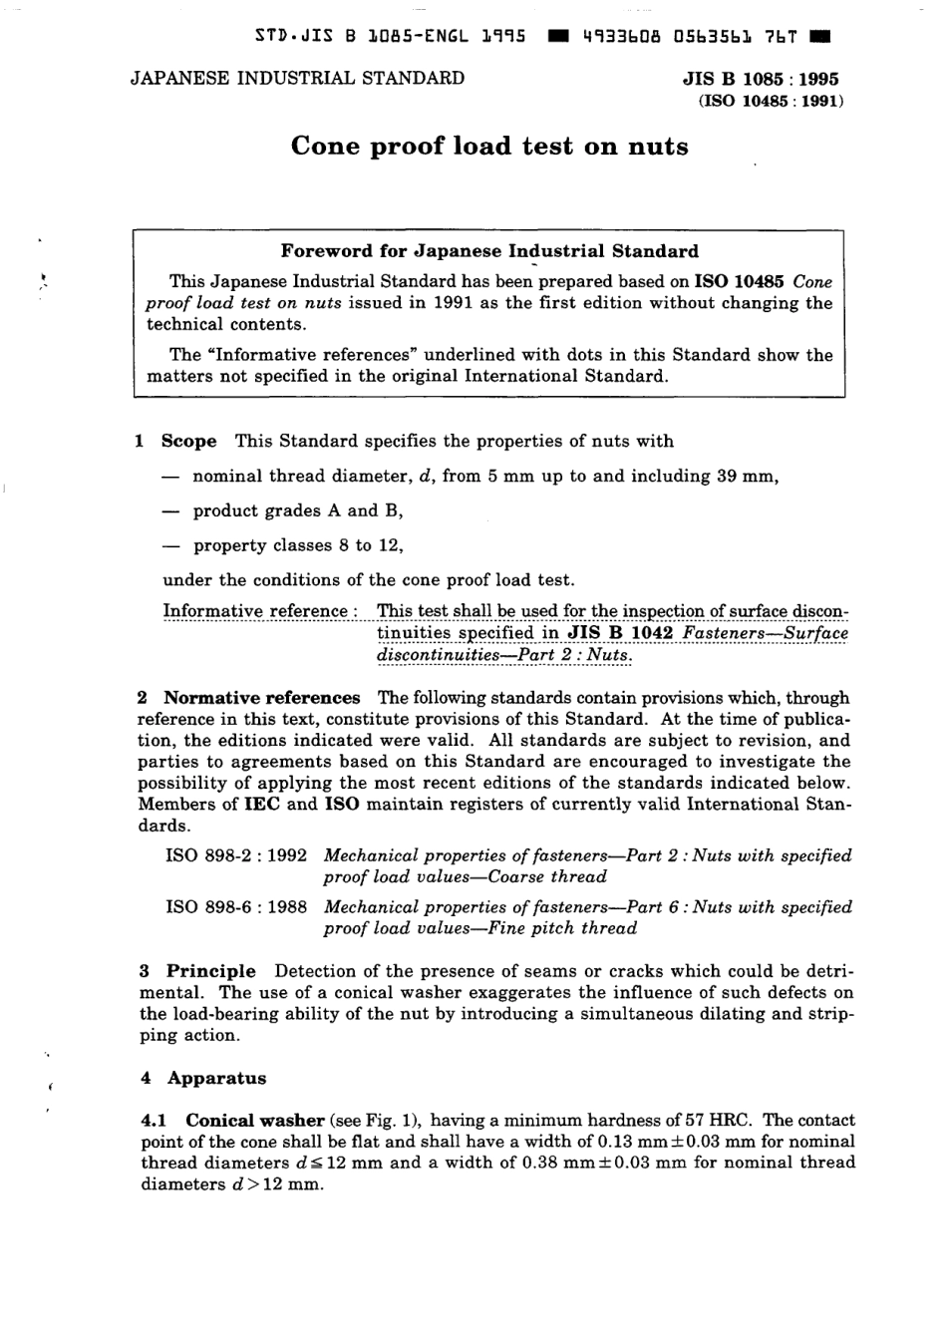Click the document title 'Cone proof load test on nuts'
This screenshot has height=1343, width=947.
coord(489,148)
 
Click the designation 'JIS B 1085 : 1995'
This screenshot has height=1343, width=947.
coord(760,80)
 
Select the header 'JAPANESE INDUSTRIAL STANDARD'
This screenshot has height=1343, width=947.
coord(297,79)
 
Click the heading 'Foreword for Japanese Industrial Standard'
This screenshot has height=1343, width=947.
coord(489,251)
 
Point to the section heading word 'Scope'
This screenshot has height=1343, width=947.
coord(188,442)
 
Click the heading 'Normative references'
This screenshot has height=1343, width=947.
coord(261,698)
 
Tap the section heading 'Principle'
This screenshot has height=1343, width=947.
coord(210,971)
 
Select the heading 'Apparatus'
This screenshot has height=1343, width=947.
coord(216,1078)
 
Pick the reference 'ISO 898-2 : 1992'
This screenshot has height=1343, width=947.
coord(236,855)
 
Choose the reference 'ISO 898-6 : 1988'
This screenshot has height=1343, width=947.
coord(236,907)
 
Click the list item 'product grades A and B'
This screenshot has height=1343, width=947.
coord(297,511)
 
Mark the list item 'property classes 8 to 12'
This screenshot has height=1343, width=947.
coord(297,546)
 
